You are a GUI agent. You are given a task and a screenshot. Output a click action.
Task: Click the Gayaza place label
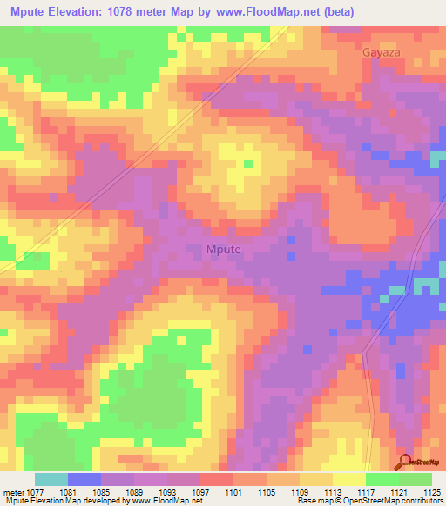[x=380, y=52]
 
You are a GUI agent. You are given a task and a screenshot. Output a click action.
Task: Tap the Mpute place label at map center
[x=228, y=250]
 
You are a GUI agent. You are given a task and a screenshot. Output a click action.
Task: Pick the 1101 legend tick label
[x=233, y=491]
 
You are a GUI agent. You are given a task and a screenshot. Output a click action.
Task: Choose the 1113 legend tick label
[x=332, y=491]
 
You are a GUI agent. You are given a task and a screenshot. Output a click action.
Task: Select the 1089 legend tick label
[x=134, y=491]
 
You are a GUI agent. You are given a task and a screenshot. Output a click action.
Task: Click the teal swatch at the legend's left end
[x=51, y=479]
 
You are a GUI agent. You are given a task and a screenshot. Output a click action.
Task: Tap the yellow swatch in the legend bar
[x=348, y=479]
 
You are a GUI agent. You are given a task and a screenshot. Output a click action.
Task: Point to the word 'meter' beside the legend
[x=12, y=491]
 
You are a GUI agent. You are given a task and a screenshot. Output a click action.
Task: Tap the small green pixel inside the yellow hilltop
[x=248, y=163]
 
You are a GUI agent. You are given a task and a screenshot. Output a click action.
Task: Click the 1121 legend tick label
[x=398, y=491]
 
